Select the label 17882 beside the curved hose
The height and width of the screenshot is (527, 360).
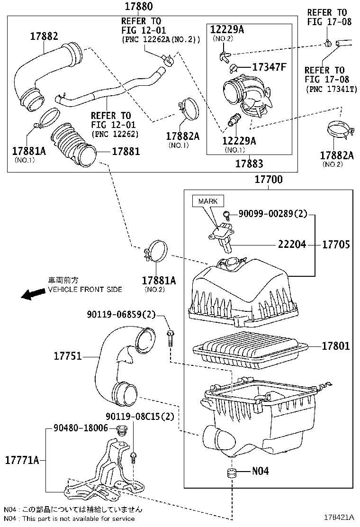tap(44, 36)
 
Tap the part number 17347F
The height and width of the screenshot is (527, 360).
tap(270, 67)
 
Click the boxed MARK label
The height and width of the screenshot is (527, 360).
tap(208, 201)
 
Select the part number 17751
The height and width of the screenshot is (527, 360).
tap(68, 356)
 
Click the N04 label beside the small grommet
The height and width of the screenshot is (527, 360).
tap(260, 471)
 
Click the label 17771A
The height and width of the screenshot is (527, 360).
tap(22, 460)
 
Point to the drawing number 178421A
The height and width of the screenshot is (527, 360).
tap(338, 517)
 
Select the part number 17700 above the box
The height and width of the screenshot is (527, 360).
tap(269, 180)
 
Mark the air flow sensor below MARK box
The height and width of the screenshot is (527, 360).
tap(221, 235)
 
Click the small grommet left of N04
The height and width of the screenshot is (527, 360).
tap(232, 473)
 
